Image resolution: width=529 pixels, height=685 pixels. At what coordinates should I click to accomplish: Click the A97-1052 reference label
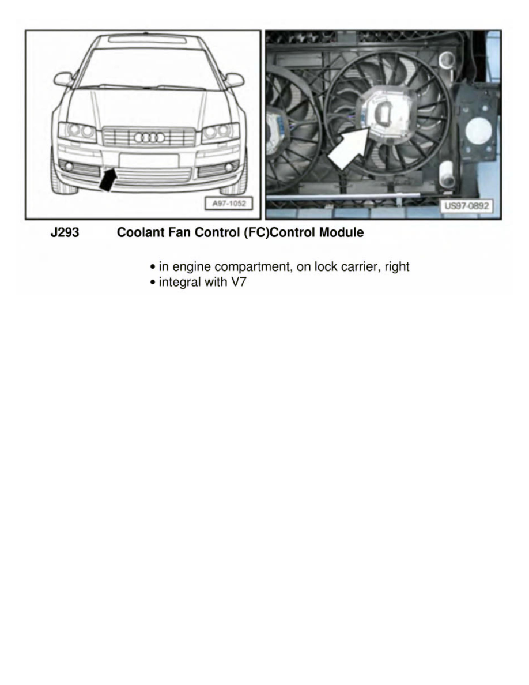[228, 205]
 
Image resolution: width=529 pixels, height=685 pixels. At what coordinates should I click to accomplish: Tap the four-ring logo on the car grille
[149, 137]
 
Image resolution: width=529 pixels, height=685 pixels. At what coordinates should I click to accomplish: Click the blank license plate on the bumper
[149, 160]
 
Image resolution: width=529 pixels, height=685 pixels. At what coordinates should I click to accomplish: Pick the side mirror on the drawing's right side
[235, 80]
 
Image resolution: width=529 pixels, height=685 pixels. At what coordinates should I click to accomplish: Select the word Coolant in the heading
[139, 233]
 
